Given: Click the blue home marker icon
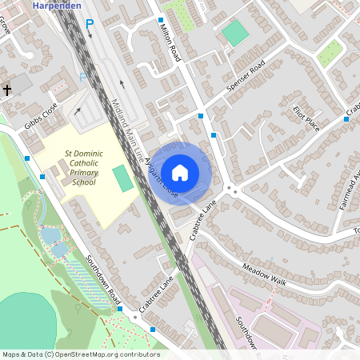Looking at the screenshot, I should tap(180, 172).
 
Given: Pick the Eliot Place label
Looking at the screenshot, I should tap(306, 118).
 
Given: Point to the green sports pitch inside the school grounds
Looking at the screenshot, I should tap(122, 178).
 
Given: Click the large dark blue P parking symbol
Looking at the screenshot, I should tap(90, 25).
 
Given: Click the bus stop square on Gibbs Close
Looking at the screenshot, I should tap(27, 158).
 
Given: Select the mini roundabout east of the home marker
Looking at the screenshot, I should tap(232, 190).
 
